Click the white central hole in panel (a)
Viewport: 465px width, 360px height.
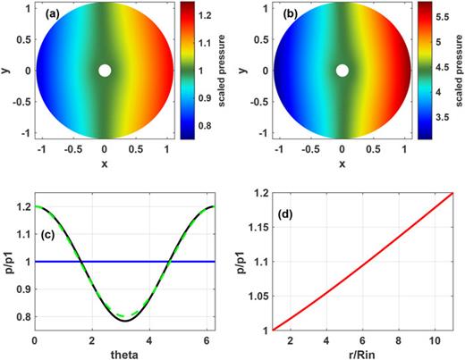point(105,71)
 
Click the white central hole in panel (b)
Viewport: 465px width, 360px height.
point(342,71)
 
